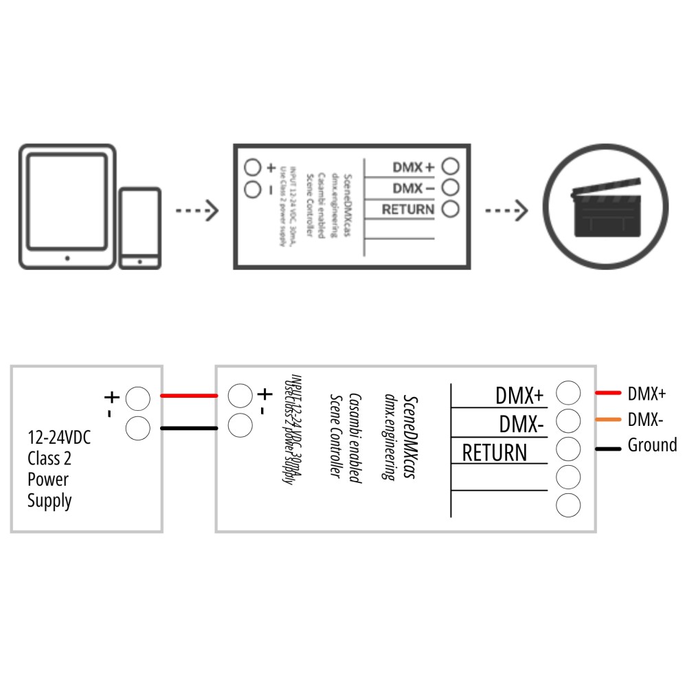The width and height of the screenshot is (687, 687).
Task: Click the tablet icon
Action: (67, 206)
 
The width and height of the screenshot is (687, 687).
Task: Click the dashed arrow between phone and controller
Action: (197, 210)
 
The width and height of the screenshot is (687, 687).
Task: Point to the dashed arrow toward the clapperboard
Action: (507, 210)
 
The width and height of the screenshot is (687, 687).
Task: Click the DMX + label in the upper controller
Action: (414, 167)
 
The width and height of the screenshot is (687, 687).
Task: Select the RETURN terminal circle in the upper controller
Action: (451, 209)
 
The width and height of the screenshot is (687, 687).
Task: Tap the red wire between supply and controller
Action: (189, 396)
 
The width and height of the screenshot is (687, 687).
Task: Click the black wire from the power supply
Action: (189, 428)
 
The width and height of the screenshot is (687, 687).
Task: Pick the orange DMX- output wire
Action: (608, 419)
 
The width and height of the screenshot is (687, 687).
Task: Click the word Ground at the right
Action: (652, 445)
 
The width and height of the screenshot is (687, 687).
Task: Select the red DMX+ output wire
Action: (608, 394)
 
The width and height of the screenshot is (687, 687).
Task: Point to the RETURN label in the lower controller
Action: (495, 453)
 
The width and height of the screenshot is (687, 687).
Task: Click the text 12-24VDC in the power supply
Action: (59, 438)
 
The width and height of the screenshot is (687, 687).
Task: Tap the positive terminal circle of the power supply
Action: (139, 398)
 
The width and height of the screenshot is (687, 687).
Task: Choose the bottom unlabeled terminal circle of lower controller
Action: (568, 505)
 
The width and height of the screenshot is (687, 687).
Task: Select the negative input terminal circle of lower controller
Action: (239, 426)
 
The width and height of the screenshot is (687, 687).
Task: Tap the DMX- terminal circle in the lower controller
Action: (568, 420)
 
